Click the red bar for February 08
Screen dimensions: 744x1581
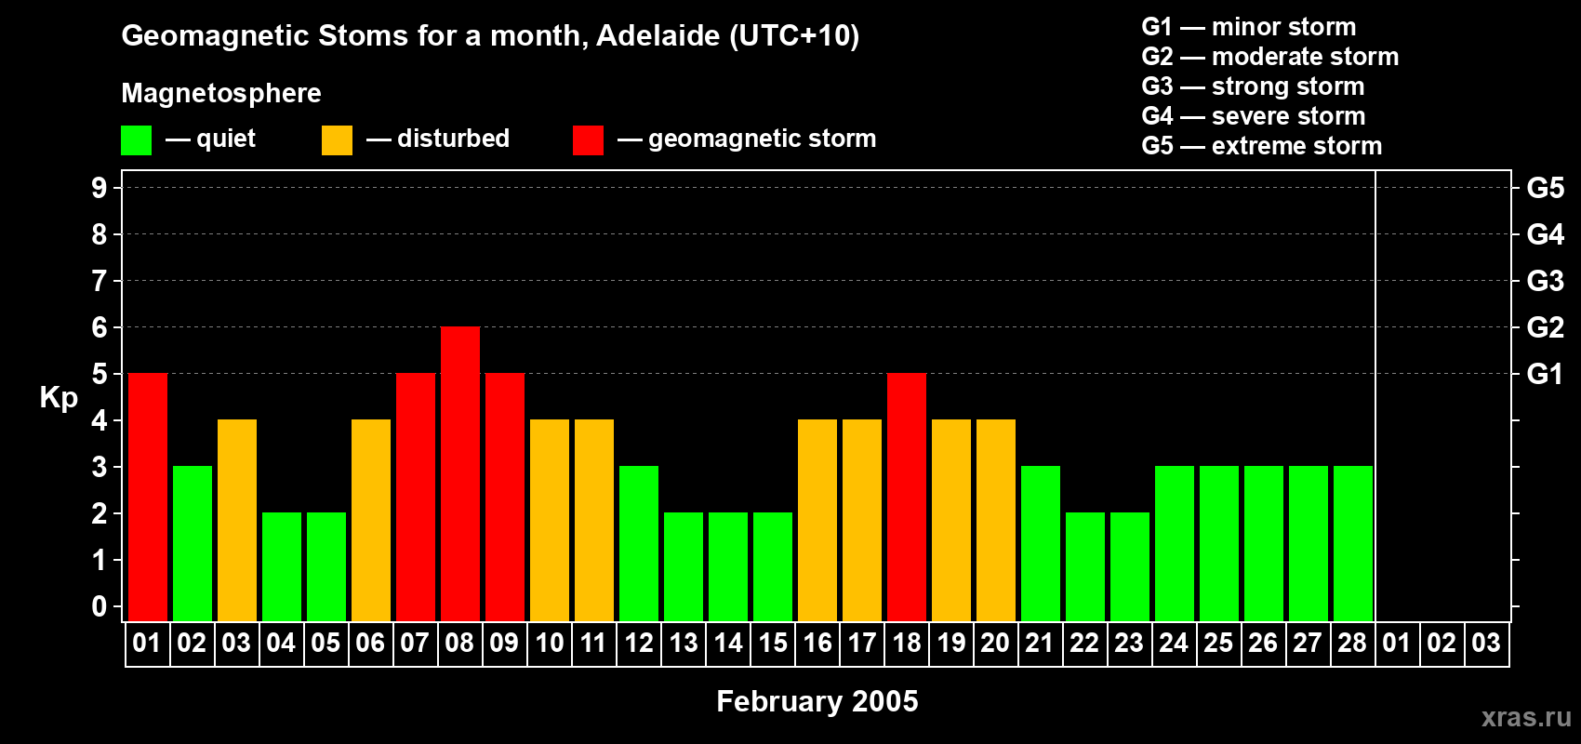click(460, 474)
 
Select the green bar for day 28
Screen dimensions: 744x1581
click(1353, 544)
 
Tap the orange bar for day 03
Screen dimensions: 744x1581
click(237, 521)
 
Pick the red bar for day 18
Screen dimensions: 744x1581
click(907, 498)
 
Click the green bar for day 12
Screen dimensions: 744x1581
click(639, 544)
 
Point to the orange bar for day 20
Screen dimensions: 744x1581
click(996, 521)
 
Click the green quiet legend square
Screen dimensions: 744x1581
click(136, 140)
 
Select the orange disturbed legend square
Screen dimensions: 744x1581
click(337, 140)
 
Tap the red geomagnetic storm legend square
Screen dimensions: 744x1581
click(588, 140)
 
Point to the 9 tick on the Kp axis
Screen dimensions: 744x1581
click(100, 188)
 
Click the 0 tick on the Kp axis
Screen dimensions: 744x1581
click(100, 606)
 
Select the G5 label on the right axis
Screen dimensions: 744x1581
click(1545, 188)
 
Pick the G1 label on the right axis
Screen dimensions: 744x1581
click(1545, 374)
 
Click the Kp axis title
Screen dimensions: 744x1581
click(59, 398)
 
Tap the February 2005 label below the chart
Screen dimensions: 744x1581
click(817, 701)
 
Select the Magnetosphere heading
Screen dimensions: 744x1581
click(221, 93)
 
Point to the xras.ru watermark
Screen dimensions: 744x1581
click(1526, 717)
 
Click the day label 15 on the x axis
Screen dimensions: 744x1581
click(773, 643)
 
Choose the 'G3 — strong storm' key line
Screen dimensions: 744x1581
click(1253, 86)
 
